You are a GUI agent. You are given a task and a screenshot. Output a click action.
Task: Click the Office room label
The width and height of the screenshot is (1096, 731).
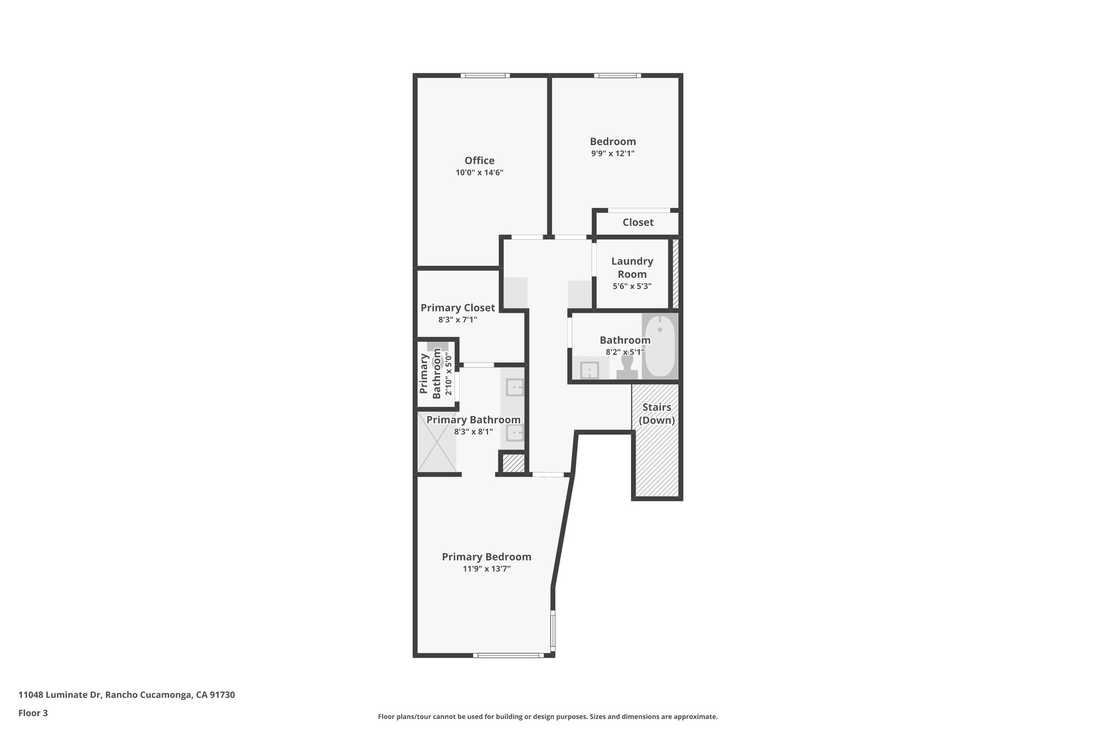[479, 161]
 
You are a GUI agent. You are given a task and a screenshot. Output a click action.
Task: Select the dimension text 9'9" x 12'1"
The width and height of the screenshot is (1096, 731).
[613, 154]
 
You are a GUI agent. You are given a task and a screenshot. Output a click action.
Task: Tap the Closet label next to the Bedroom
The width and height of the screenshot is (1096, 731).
[638, 222]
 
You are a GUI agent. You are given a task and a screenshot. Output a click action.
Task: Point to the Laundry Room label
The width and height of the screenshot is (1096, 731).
[632, 267]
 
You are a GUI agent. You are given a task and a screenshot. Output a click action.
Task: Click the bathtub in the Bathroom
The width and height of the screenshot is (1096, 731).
[660, 345]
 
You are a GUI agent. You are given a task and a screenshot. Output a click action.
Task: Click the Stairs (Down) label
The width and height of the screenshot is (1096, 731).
[657, 413]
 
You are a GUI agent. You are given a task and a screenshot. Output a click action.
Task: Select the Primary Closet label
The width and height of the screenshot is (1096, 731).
[458, 308]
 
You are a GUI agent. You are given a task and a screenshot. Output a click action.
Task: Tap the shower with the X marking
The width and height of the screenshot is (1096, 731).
[437, 442]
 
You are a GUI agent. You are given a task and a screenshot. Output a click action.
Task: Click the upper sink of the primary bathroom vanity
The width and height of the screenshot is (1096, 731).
[515, 387]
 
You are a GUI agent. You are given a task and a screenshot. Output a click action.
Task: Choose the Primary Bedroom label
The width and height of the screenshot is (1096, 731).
[486, 557]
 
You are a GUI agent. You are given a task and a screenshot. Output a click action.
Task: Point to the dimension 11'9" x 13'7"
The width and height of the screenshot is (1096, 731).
[486, 569]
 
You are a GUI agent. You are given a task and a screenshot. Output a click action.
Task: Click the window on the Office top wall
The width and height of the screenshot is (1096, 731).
[485, 76]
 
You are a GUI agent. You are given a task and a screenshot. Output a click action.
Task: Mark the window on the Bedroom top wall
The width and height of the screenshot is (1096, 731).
[617, 76]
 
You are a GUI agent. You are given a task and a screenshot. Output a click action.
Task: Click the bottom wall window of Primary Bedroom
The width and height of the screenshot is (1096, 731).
[508, 655]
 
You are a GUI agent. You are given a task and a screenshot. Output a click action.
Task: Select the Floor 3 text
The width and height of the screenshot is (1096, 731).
[33, 713]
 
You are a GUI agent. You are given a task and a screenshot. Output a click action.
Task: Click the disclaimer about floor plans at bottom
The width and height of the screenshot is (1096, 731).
[547, 717]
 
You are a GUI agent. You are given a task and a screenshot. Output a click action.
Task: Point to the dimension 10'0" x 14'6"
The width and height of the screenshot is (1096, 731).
[479, 173]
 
